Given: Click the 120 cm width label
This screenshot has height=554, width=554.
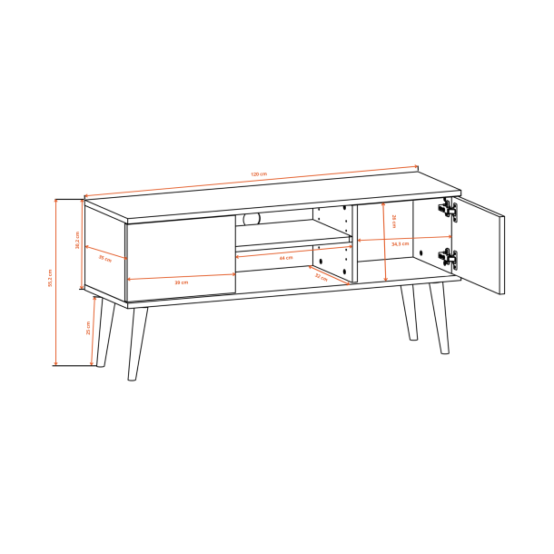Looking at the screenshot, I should point(258,173).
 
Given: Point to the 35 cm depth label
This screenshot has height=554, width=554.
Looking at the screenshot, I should point(105,259).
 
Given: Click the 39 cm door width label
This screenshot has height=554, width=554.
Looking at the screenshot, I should point(182,282).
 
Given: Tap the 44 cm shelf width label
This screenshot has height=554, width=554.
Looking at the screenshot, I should point(286,259).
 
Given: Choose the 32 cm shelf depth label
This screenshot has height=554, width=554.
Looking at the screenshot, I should point(320,278).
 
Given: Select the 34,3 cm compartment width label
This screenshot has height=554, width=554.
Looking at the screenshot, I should point(400,243).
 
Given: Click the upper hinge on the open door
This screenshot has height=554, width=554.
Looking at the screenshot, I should point(449,211).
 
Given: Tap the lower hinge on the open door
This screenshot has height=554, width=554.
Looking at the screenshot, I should point(449,258).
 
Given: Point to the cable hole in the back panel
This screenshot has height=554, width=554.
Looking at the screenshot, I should point(251,218).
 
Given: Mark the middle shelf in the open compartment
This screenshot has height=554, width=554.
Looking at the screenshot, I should point(292,242).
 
